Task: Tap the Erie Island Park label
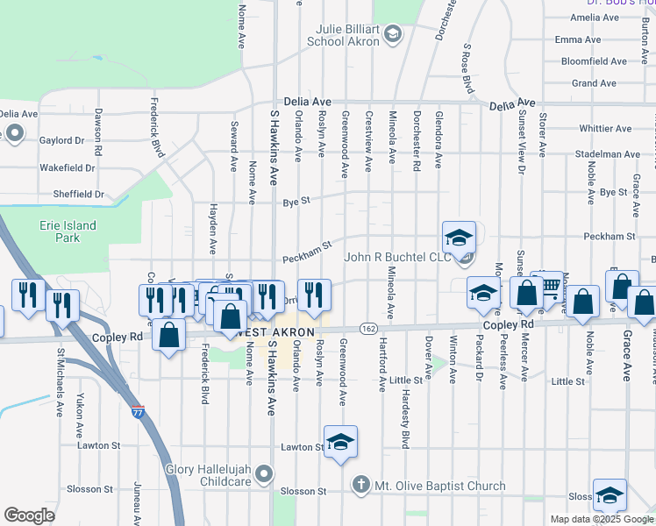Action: [x=68, y=231]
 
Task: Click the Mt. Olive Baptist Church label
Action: [x=440, y=486]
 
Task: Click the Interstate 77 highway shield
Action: [x=139, y=410]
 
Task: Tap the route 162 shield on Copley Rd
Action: [x=368, y=328]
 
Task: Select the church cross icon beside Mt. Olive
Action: [x=360, y=485]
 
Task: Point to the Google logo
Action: [x=30, y=515]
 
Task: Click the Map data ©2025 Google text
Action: [x=601, y=519]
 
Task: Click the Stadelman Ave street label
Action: [x=608, y=154]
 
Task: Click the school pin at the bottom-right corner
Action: [x=610, y=495]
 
